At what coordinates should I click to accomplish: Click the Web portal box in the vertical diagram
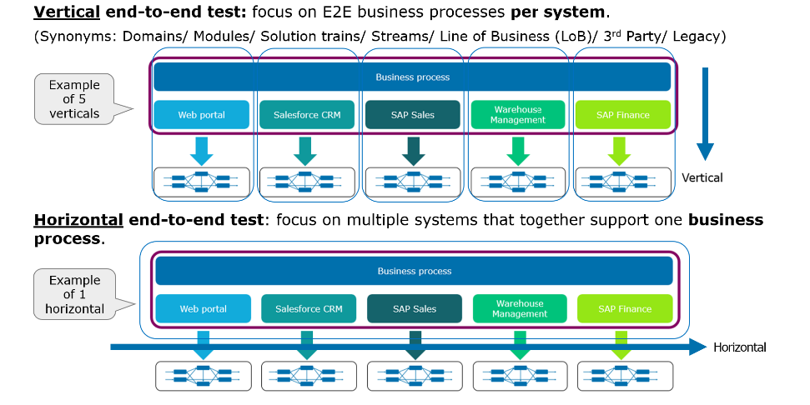201,115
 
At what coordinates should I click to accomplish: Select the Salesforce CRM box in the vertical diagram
307,115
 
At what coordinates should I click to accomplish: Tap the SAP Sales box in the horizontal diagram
415,308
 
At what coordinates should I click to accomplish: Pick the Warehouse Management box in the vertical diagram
517,115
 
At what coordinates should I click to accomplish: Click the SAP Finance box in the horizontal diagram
624,308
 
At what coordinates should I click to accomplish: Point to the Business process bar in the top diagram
412,77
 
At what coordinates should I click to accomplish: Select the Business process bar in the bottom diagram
414,271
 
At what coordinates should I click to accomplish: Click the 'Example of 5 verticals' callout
74,99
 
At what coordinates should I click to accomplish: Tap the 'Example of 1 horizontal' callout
74,294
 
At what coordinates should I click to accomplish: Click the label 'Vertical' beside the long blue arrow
702,177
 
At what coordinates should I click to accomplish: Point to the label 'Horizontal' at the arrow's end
739,347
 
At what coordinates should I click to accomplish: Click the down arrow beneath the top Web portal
201,151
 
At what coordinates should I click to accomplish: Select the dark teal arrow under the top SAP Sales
412,151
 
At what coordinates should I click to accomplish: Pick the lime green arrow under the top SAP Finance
622,151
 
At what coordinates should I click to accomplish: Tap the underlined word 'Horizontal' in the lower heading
77,220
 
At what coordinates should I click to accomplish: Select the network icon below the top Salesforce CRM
306,182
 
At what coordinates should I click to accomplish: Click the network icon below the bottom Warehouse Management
520,376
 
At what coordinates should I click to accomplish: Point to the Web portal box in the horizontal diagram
203,308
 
